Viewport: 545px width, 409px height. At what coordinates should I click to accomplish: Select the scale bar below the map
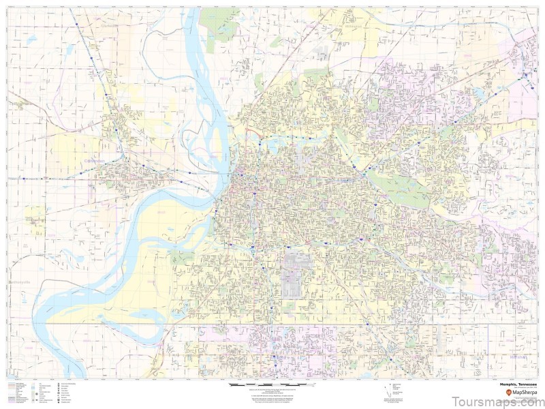click(x=266, y=385)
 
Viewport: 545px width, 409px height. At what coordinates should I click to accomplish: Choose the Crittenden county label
click(x=95, y=161)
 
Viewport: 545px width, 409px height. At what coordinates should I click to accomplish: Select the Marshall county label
click(x=520, y=356)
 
